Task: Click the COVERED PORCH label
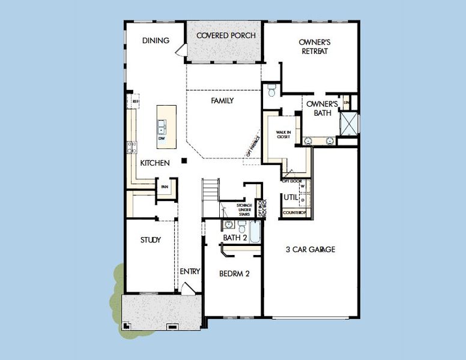pos(226,36)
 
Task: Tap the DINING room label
pos(155,41)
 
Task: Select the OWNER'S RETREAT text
pos(315,47)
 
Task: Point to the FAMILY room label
pos(222,101)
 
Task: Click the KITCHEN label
pos(155,163)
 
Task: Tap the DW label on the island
pos(162,139)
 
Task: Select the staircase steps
pos(210,191)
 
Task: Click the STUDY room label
pos(151,240)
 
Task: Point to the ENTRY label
pos(190,272)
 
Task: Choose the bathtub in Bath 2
pos(255,231)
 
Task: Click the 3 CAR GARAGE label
pos(310,250)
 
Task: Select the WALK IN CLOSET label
pos(283,135)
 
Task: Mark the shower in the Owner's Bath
pos(348,122)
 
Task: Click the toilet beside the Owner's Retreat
pos(271,91)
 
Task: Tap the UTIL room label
pos(291,197)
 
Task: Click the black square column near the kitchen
pos(186,160)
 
